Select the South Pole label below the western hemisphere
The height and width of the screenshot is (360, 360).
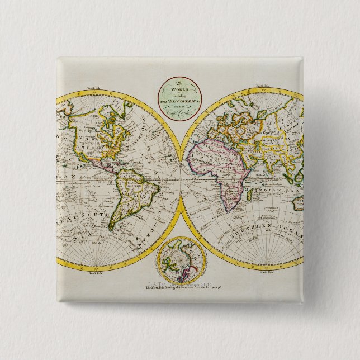(x=92, y=274)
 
